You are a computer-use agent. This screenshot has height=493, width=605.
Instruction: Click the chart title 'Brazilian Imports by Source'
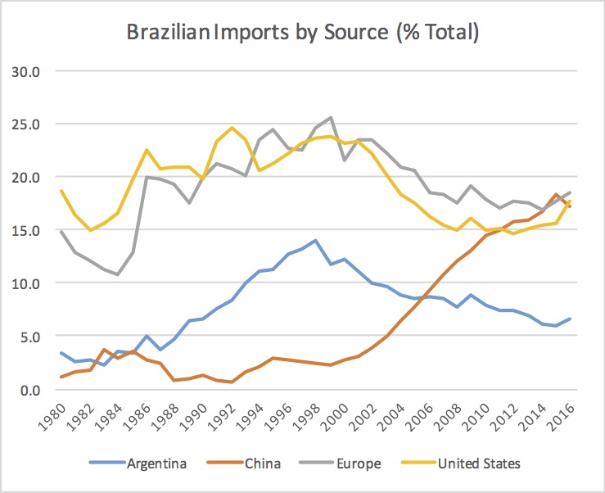click(x=302, y=34)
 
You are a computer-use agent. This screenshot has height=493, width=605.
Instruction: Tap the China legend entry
click(x=262, y=464)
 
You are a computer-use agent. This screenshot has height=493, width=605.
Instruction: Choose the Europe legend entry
click(x=358, y=464)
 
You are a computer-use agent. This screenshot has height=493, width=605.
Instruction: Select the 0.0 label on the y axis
click(x=40, y=389)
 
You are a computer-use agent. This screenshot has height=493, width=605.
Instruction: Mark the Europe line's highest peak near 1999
click(x=330, y=118)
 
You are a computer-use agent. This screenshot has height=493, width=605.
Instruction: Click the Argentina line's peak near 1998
click(x=316, y=240)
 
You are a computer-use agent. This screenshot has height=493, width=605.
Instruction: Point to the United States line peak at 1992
click(x=232, y=128)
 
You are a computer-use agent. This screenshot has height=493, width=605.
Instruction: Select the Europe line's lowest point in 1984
click(x=120, y=274)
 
